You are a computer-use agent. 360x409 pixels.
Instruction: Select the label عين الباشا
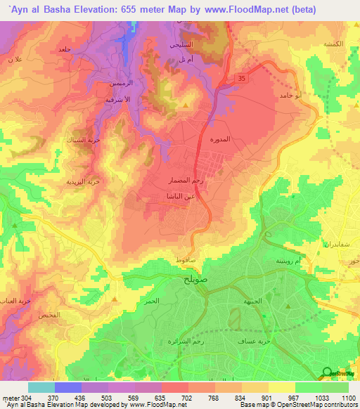[x=180, y=196]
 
